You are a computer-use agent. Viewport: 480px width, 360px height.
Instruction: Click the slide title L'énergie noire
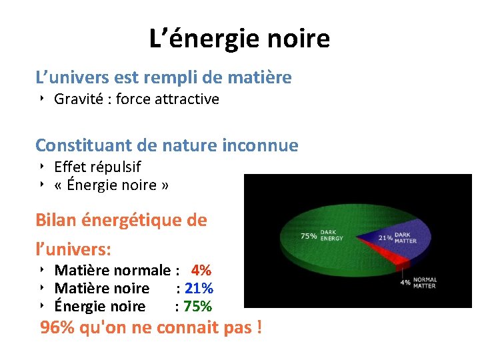click(239, 39)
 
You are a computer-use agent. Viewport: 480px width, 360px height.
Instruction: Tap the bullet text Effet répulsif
click(97, 167)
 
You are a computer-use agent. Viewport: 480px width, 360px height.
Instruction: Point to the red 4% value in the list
click(201, 271)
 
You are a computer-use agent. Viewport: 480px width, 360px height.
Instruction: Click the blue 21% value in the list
click(199, 289)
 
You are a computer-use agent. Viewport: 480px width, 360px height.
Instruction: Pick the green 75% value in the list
click(199, 307)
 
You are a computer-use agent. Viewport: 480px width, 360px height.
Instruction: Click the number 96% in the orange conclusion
click(57, 329)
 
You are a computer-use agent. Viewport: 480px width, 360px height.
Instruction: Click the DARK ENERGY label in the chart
click(333, 235)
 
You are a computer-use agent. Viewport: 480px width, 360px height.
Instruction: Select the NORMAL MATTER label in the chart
click(425, 283)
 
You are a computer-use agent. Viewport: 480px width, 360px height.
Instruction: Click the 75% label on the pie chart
click(309, 235)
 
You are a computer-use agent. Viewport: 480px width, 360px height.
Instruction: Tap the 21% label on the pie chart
click(385, 237)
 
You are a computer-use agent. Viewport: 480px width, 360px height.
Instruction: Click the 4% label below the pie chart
click(405, 282)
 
